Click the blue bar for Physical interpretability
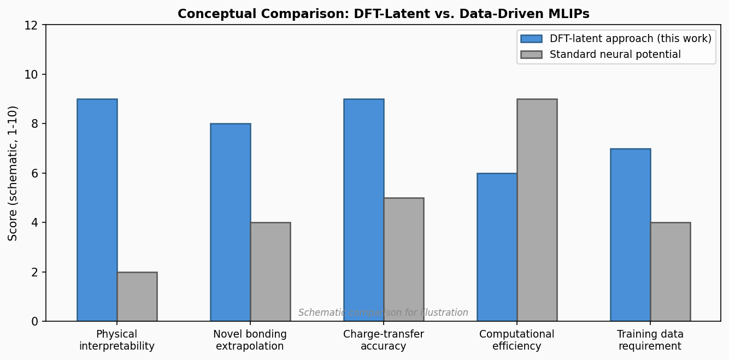click(x=97, y=210)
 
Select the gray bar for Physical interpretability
click(x=137, y=297)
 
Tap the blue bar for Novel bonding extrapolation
click(x=231, y=222)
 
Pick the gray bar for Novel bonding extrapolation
click(x=271, y=272)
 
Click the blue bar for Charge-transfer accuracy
click(x=364, y=210)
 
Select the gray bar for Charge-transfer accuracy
click(x=404, y=259)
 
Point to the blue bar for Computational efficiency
click(x=497, y=247)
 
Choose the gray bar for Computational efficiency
click(x=537, y=210)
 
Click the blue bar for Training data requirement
click(x=631, y=235)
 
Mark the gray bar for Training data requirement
click(x=671, y=272)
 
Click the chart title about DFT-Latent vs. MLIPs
click(x=384, y=14)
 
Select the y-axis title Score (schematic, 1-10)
click(x=13, y=173)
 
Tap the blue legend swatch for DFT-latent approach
click(x=531, y=39)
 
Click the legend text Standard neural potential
click(x=615, y=55)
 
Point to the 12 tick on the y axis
click(x=32, y=25)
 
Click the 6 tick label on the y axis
click(x=36, y=173)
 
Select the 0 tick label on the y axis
click(x=36, y=322)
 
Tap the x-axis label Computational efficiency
click(x=517, y=340)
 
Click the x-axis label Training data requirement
click(x=650, y=340)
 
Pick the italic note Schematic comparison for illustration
click(x=384, y=313)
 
